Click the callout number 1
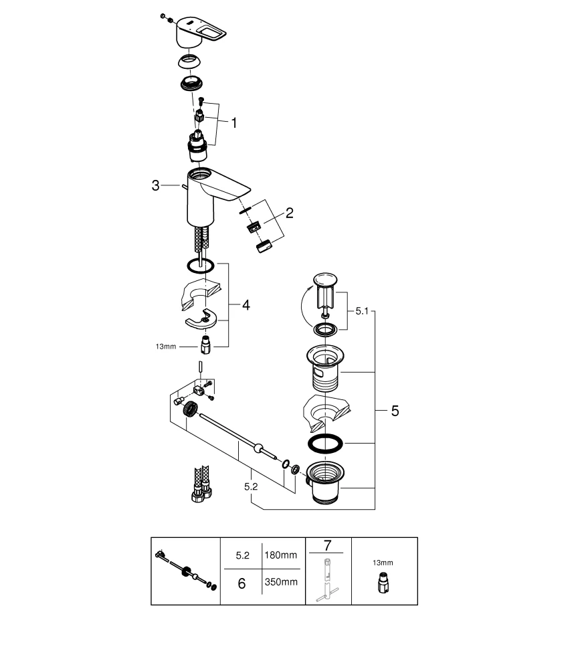pyautogui.click(x=234, y=122)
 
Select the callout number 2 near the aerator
pyautogui.click(x=289, y=213)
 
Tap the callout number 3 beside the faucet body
pyautogui.click(x=156, y=186)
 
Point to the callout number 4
pyautogui.click(x=246, y=305)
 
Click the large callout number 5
pyautogui.click(x=395, y=411)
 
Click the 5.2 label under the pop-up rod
pyautogui.click(x=251, y=487)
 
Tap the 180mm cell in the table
pyautogui.click(x=281, y=555)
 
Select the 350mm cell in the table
pyautogui.click(x=281, y=582)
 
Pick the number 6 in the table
pyautogui.click(x=242, y=583)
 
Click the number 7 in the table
pyautogui.click(x=328, y=546)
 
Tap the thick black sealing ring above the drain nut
pyautogui.click(x=325, y=444)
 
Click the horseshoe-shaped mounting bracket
pyautogui.click(x=205, y=319)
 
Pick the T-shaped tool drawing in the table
pyautogui.click(x=327, y=579)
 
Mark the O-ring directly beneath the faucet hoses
pyautogui.click(x=200, y=266)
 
